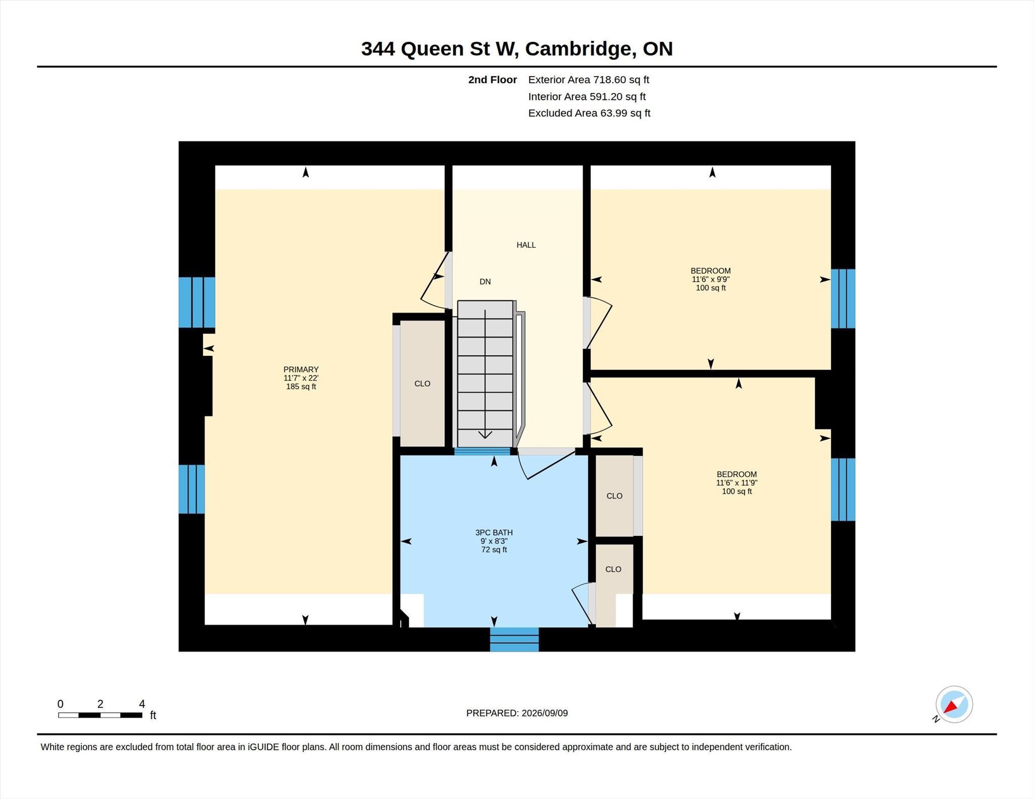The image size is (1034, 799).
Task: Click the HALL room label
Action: (x=526, y=245)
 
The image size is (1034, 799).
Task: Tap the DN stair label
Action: (x=485, y=282)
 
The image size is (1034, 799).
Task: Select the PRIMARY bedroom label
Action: (x=301, y=369)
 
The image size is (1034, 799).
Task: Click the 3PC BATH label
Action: (x=494, y=532)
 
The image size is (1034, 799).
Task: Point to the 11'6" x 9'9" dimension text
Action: (x=710, y=279)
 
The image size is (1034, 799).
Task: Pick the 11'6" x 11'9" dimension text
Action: (x=737, y=483)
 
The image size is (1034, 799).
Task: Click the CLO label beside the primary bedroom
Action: (x=422, y=384)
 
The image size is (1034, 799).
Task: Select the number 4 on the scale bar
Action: (x=142, y=704)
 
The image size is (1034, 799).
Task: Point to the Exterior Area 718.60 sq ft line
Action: (x=588, y=80)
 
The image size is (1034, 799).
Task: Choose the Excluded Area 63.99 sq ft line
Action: (x=589, y=113)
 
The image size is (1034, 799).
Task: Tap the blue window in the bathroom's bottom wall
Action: (x=514, y=640)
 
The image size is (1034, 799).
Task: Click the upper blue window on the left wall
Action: (x=197, y=302)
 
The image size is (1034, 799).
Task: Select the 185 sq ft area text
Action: (x=301, y=387)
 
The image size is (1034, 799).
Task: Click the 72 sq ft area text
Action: (x=494, y=550)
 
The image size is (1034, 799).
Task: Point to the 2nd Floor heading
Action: (x=492, y=80)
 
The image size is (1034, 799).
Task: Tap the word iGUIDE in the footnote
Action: (x=263, y=747)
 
